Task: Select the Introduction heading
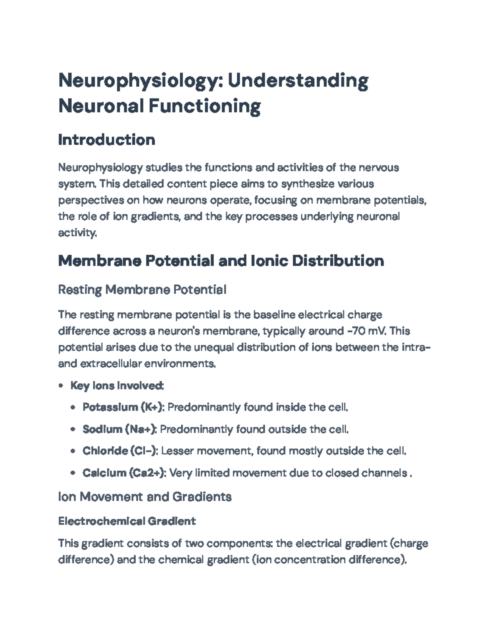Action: [106, 140]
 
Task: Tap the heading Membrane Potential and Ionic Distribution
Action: [221, 261]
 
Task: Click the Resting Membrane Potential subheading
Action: [142, 290]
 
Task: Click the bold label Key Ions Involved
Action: [117, 386]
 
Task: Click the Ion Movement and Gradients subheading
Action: [145, 497]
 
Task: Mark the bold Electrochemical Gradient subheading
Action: [127, 521]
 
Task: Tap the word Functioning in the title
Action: [204, 106]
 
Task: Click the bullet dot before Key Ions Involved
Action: [61, 386]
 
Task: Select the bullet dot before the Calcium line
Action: [73, 473]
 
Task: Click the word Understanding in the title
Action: [298, 81]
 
